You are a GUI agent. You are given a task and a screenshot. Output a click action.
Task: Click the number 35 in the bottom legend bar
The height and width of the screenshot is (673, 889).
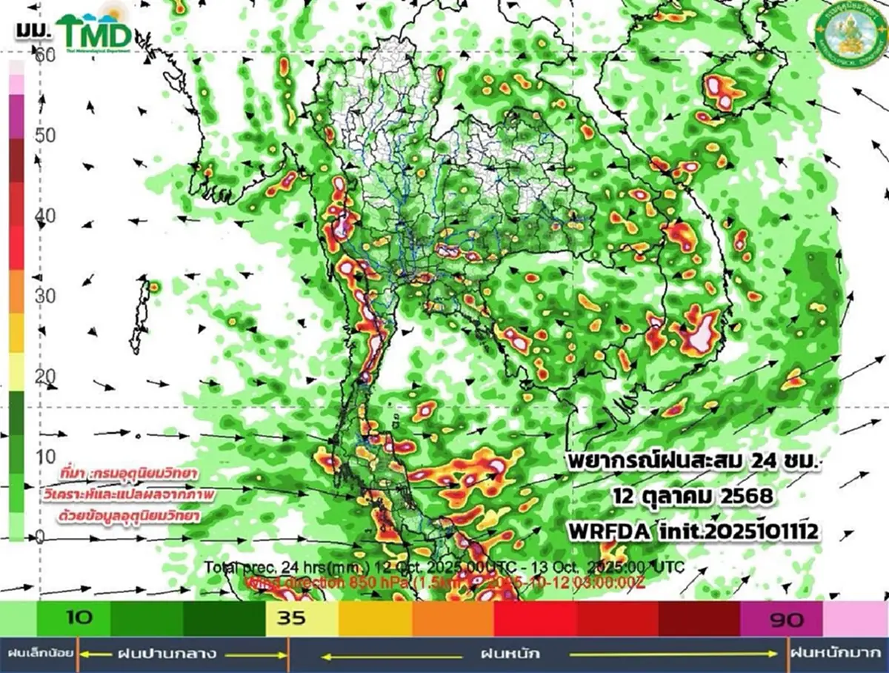(291, 618)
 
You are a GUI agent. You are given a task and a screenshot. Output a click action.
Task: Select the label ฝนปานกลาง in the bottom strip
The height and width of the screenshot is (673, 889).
(167, 654)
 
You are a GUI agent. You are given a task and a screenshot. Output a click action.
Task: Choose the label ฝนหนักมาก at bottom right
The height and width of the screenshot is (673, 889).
(839, 654)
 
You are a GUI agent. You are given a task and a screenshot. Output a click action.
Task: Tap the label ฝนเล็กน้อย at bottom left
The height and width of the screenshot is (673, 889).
(39, 654)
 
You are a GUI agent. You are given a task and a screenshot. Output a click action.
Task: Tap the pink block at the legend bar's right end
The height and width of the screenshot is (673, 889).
(856, 618)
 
